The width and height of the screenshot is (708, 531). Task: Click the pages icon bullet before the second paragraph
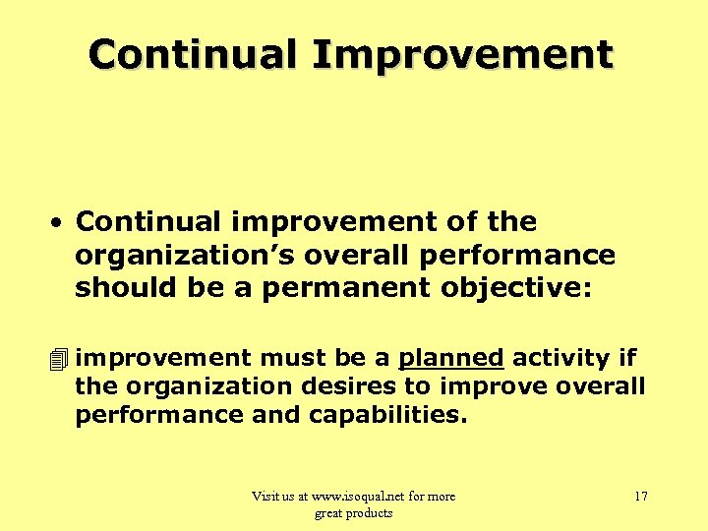coord(61,358)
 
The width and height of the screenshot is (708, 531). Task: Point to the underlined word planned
coord(450,358)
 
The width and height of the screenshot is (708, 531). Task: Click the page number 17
coord(640,497)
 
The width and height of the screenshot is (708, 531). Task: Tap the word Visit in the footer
coord(266,497)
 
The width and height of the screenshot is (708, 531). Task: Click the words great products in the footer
coord(353,512)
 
